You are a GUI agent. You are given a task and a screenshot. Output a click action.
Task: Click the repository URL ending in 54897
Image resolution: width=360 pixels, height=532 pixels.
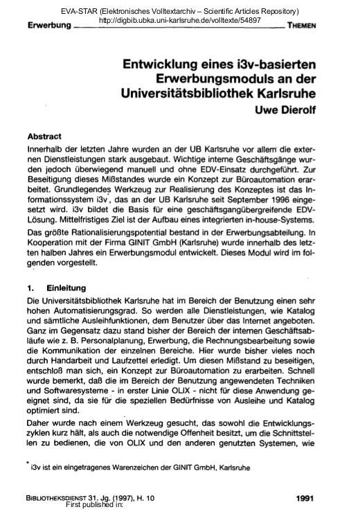(179, 21)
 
